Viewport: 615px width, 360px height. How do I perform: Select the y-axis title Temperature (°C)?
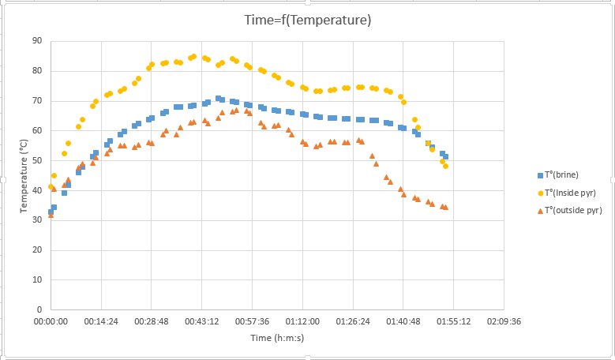(x=24, y=175)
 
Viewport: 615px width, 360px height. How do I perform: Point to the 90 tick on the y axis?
(x=38, y=41)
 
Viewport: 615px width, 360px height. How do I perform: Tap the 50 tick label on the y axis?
(x=38, y=161)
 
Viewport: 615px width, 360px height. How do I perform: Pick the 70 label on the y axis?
(x=38, y=101)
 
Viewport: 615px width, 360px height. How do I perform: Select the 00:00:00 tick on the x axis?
(x=51, y=322)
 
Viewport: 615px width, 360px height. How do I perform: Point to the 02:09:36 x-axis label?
(x=504, y=322)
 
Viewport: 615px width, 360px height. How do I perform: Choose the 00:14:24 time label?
(x=101, y=322)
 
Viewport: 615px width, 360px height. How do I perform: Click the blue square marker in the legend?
(x=540, y=175)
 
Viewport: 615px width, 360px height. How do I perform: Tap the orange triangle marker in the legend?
(x=540, y=211)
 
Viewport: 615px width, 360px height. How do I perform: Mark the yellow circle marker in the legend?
(x=540, y=193)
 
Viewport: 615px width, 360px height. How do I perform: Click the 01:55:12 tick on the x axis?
(x=454, y=322)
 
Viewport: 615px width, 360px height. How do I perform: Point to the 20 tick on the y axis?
(x=38, y=250)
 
